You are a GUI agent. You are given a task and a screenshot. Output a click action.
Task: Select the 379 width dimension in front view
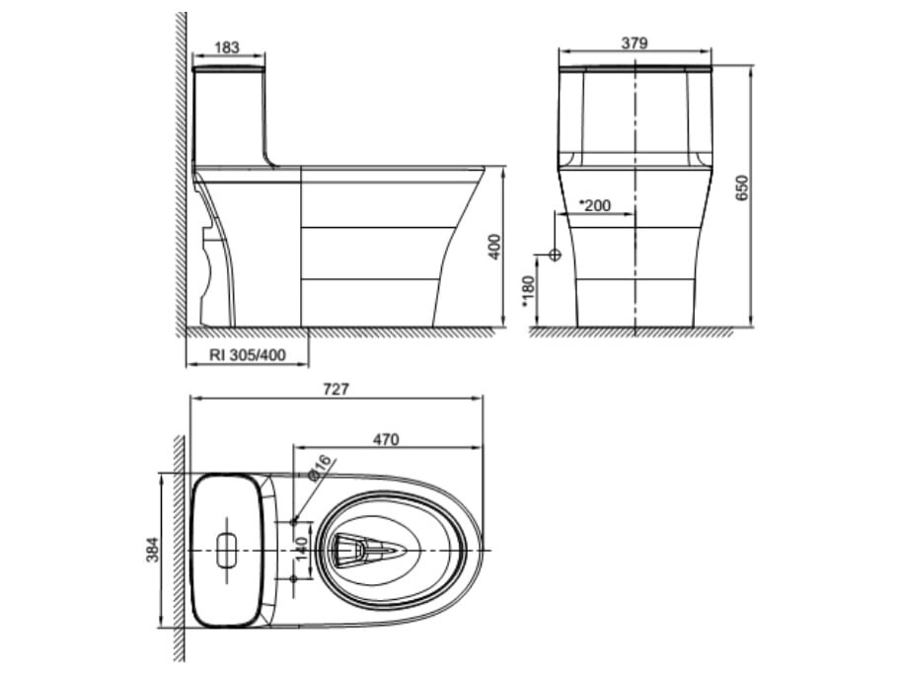[635, 42]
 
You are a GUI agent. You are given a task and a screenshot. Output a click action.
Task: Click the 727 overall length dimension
[336, 390]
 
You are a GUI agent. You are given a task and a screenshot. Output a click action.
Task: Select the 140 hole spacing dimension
[302, 549]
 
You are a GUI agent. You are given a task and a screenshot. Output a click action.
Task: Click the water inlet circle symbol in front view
[554, 255]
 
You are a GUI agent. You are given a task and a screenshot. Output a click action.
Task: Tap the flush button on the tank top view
[227, 549]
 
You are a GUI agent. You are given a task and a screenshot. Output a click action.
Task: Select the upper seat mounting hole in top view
[293, 520]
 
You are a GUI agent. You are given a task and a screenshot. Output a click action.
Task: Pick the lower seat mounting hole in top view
[293, 577]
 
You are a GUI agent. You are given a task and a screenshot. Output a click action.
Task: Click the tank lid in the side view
[228, 69]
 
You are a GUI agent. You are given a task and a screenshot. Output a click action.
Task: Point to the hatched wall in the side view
[182, 168]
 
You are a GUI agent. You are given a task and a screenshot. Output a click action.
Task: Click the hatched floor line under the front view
[632, 333]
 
